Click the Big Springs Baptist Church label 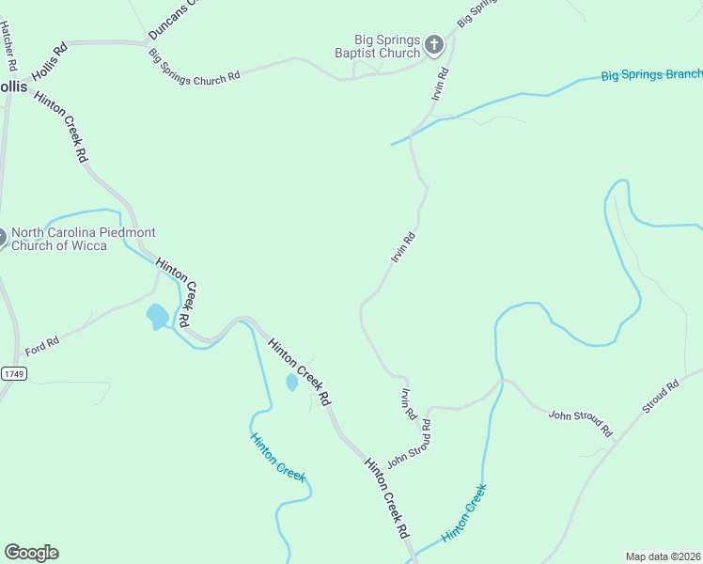tap(386, 46)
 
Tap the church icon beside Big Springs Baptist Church tap(434, 45)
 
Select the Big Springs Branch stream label tap(650, 74)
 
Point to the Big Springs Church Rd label tap(195, 67)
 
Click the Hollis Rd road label tap(49, 61)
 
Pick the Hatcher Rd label tap(9, 46)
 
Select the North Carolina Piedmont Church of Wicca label tap(83, 239)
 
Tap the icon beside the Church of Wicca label tap(3, 239)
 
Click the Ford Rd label tap(42, 345)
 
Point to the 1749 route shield tap(14, 373)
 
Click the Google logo tap(31, 552)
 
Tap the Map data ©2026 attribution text tap(663, 556)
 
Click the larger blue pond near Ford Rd tap(157, 316)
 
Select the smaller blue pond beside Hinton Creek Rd tap(291, 383)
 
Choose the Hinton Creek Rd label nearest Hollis tap(62, 127)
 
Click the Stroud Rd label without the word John tap(661, 397)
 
